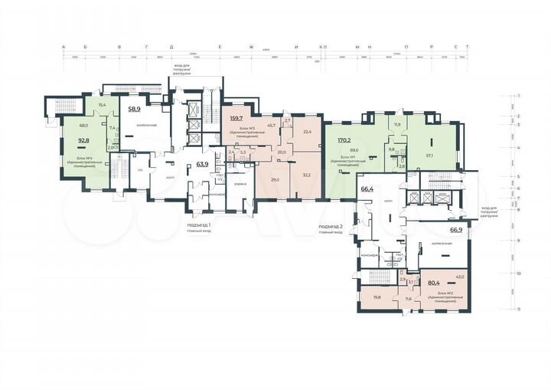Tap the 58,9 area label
click(x=134, y=110)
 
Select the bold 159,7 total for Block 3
click(x=236, y=118)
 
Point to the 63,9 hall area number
click(x=203, y=164)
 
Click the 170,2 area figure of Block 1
click(x=344, y=140)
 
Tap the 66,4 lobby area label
click(x=367, y=188)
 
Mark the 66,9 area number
click(x=456, y=229)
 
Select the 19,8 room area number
click(x=377, y=297)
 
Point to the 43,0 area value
click(x=460, y=277)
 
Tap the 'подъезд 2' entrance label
click(x=328, y=228)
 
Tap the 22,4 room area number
click(x=308, y=132)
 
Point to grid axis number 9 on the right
click(x=519, y=241)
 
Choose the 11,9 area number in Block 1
click(x=396, y=124)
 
